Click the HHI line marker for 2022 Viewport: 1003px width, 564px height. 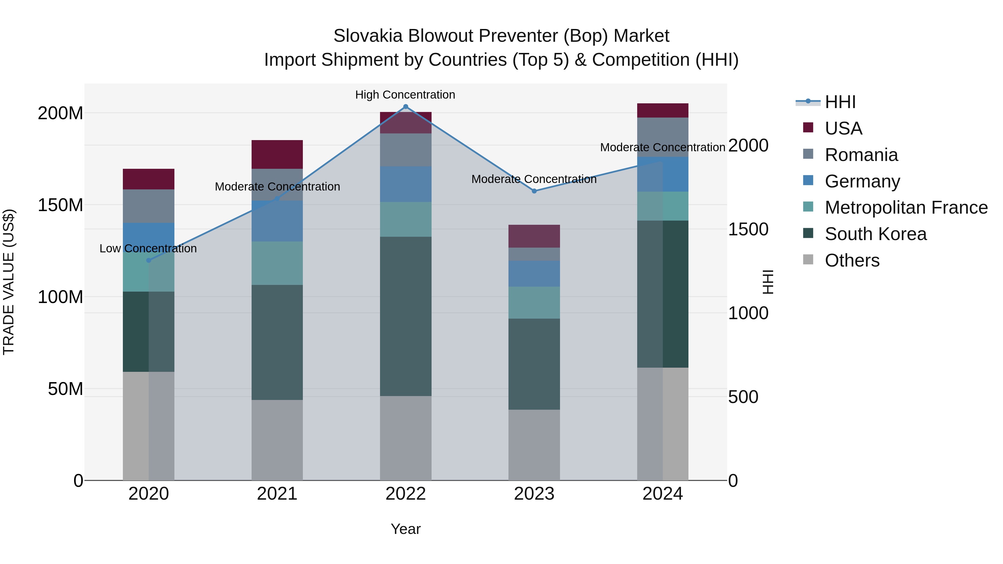(405, 107)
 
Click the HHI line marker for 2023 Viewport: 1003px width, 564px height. (534, 191)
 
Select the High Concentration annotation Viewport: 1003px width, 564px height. (405, 95)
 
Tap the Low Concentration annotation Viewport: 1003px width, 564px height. (148, 249)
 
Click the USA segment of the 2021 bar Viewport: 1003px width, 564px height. (277, 154)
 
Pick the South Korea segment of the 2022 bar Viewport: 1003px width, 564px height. (405, 316)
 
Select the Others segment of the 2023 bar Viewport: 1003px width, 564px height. (534, 445)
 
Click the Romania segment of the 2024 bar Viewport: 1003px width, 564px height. (662, 137)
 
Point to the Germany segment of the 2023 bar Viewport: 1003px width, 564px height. (534, 274)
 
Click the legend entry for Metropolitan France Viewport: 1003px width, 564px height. (906, 207)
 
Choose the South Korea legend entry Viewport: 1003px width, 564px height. (875, 234)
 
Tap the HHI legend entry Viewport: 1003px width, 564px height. (840, 102)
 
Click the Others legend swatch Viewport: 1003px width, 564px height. (808, 260)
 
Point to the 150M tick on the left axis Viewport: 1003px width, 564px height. (60, 205)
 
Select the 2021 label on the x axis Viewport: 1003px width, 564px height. (277, 494)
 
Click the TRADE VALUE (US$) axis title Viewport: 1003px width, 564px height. (9, 282)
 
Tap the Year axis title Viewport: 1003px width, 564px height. (405, 529)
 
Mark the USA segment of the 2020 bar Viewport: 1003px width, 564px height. (148, 179)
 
